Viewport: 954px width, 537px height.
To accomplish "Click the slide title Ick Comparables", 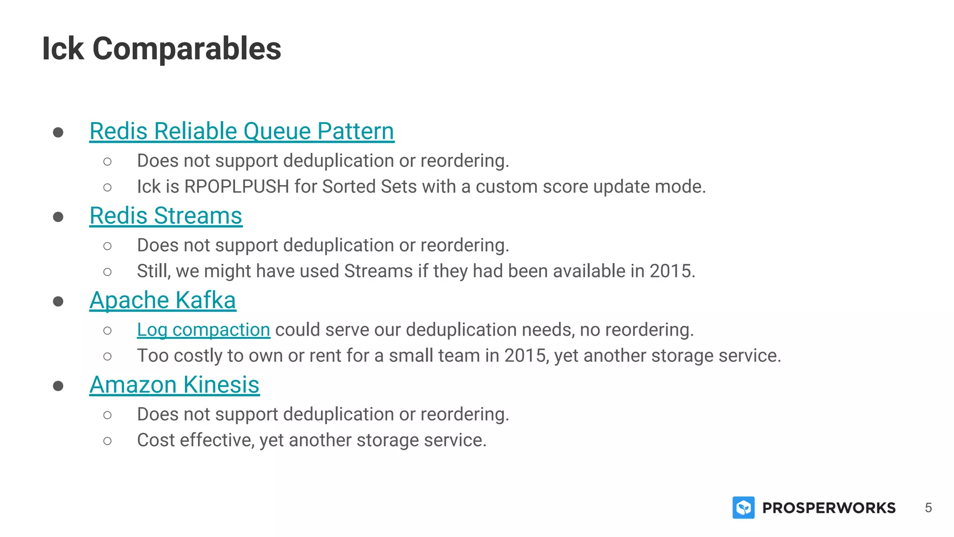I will click(161, 48).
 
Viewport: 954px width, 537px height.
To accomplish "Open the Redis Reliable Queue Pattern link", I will click(242, 131).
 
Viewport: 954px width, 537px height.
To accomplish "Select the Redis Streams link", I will click(166, 216).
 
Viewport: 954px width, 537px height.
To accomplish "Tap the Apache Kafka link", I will click(163, 300).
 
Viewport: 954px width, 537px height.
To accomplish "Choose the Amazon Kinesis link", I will click(174, 385).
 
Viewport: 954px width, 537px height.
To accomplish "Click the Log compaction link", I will click(203, 330).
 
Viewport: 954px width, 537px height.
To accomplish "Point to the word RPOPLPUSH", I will click(237, 186).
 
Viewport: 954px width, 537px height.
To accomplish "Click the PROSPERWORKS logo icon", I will click(743, 508).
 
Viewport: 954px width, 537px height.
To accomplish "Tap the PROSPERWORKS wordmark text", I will click(829, 508).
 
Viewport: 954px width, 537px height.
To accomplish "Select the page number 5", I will click(928, 508).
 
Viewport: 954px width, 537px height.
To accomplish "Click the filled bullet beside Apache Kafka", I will click(58, 302).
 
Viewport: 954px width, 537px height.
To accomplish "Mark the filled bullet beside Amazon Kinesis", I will click(58, 386).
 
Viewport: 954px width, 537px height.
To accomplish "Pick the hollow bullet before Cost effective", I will click(108, 441).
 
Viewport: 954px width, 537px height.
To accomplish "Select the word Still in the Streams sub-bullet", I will click(153, 271).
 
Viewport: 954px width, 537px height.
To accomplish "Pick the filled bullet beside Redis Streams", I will click(58, 217).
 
